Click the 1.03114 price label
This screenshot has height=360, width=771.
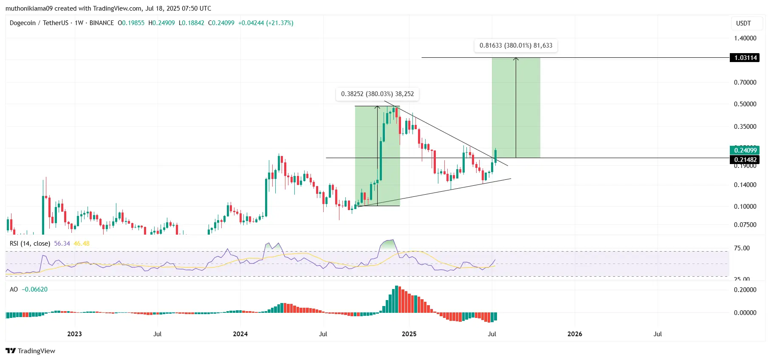click(745, 58)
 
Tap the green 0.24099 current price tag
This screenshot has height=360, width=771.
click(745, 150)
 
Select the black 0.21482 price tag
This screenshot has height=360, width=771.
click(745, 160)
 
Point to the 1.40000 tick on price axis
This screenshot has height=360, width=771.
click(745, 38)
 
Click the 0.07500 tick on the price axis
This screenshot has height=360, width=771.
click(745, 225)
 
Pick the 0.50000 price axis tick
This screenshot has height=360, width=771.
click(745, 104)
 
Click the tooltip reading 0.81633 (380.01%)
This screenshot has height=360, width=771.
click(516, 45)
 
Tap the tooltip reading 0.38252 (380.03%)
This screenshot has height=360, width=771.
click(377, 94)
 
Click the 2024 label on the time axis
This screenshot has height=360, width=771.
click(240, 334)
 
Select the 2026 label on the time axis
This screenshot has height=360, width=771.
click(575, 334)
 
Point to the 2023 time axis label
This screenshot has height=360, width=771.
click(75, 334)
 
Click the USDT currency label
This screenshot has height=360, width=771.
click(743, 23)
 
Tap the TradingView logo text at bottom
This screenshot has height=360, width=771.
click(31, 351)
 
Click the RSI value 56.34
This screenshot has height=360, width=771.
click(62, 244)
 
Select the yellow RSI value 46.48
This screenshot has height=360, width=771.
click(82, 244)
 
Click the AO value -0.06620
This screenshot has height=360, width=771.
click(35, 289)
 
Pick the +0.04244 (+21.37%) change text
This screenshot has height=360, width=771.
click(265, 23)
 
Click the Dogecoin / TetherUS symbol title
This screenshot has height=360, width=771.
click(39, 23)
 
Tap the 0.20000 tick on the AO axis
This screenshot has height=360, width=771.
click(745, 290)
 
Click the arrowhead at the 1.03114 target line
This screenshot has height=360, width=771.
click(516, 59)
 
